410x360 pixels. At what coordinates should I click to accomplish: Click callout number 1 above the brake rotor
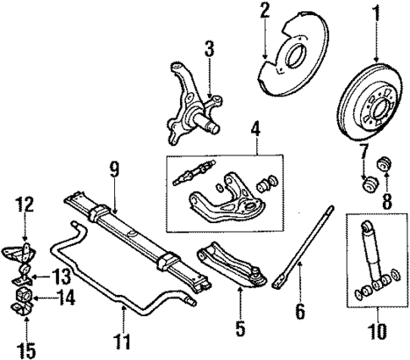(375, 14)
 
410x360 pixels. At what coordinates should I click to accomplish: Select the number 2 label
(264, 12)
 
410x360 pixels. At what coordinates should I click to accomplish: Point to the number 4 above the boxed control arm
(254, 132)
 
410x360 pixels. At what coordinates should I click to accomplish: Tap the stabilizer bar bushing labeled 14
(25, 296)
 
